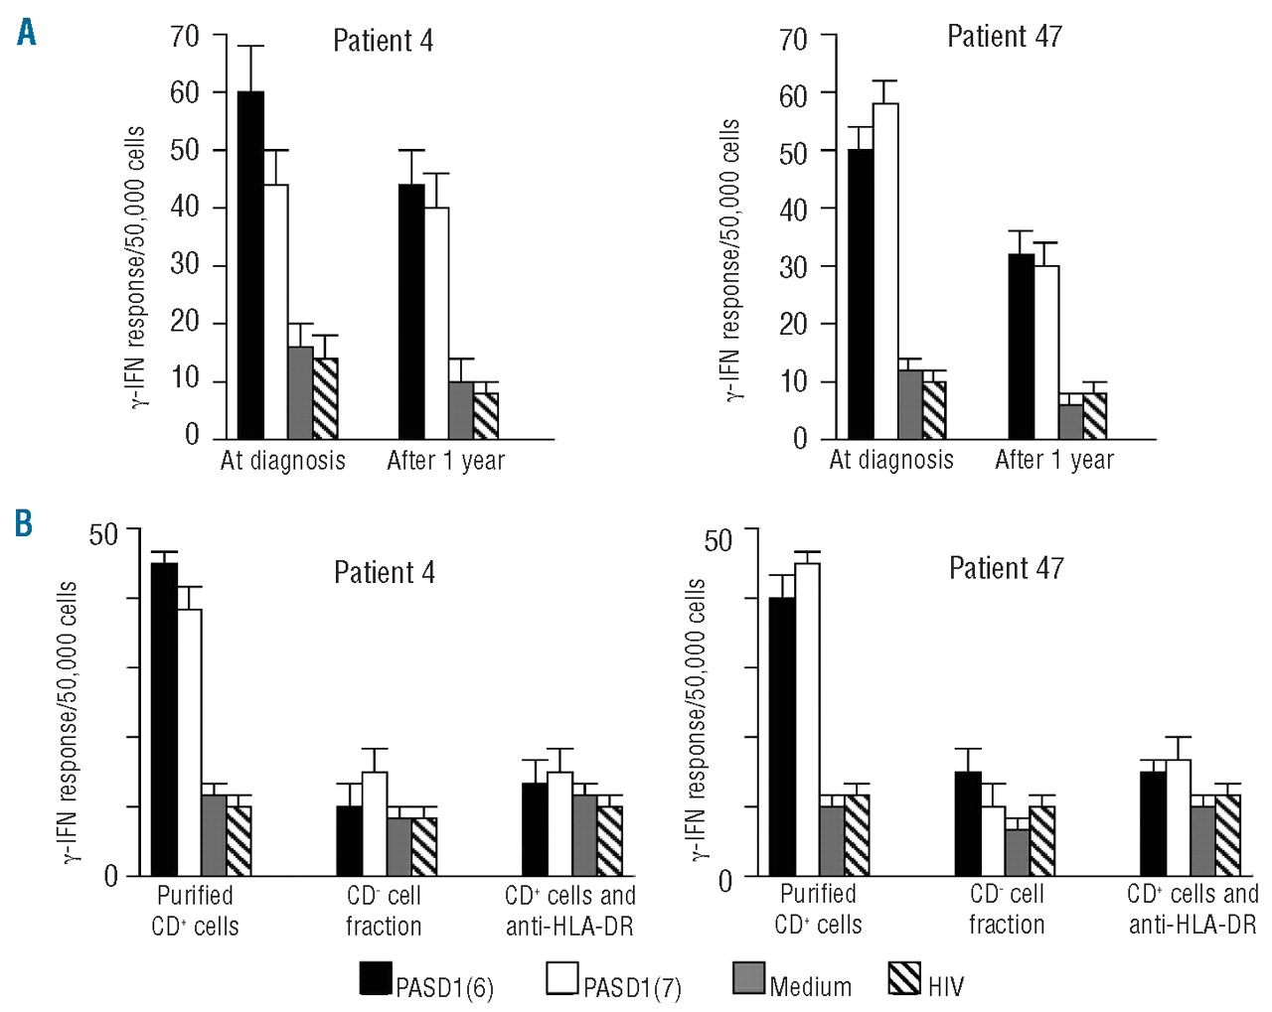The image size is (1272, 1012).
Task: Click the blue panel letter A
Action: [x=27, y=33]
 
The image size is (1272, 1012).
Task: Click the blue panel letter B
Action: [x=24, y=522]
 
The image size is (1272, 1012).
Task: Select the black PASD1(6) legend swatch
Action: [x=376, y=978]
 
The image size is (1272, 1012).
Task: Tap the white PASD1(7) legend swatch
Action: [x=562, y=978]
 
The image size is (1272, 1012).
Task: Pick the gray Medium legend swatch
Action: [x=748, y=978]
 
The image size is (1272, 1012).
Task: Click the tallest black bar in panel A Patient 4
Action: [x=250, y=264]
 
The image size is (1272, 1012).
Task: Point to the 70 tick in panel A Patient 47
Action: [x=793, y=40]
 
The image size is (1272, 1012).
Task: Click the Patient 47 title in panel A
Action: [x=1004, y=37]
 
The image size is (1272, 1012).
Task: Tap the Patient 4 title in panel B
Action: [x=384, y=573]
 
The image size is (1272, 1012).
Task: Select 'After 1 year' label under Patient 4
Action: [x=445, y=461]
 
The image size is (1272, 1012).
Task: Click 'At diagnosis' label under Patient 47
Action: [x=891, y=460]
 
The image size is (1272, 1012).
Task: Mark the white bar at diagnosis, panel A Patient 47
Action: [x=885, y=270]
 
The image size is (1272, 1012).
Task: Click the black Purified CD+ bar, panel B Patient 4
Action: [x=164, y=719]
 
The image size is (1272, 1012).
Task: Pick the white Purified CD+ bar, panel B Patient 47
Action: [x=807, y=719]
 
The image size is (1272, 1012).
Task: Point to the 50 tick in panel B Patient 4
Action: [x=103, y=534]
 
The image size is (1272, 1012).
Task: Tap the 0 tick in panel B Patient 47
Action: [x=724, y=881]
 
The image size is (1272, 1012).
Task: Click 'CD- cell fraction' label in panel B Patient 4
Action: [x=384, y=911]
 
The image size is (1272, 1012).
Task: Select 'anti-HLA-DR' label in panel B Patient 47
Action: [x=1192, y=926]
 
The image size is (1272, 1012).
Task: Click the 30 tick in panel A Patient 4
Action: [x=185, y=264]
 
